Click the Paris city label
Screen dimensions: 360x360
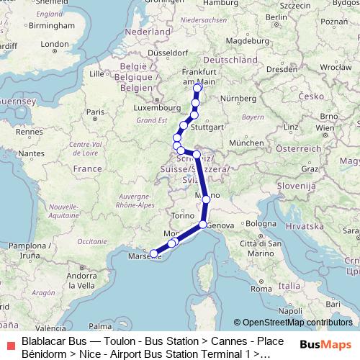click(x=92, y=112)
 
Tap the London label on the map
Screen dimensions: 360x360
click(x=54, y=44)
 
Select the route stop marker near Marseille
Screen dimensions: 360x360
click(x=154, y=253)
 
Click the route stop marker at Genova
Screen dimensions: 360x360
click(x=204, y=225)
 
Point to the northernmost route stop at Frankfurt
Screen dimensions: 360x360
click(x=198, y=88)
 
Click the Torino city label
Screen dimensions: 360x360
click(x=179, y=215)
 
